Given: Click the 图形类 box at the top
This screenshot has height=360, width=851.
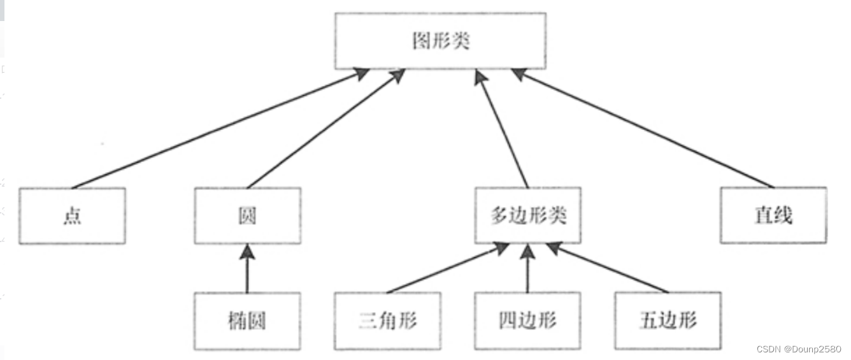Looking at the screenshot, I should pos(440,41).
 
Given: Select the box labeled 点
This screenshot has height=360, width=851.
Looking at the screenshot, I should pos(72,215).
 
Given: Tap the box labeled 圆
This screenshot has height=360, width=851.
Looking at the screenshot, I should pos(247,215).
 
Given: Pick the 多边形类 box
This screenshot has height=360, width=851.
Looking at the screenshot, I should pos(528,215).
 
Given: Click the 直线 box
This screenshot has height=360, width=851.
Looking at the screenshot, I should pos(773,215).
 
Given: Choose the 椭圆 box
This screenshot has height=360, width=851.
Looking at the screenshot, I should pos(247,320).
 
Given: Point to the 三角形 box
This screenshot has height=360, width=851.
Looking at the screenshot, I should pos(387,320).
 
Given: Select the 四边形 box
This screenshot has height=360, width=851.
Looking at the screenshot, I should pos(527,320).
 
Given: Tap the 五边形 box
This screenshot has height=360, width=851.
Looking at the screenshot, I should pos(668,320).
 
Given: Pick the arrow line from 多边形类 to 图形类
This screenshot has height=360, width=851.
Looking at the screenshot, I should pos(503,131).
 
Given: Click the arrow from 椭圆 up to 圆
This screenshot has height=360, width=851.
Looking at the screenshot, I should pos(247,271).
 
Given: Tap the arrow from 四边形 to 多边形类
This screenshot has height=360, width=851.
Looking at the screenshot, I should pos(527,271).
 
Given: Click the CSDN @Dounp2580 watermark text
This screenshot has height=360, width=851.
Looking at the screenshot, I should pos(798,349).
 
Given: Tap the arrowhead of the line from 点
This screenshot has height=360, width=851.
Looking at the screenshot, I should pos(361,74).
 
